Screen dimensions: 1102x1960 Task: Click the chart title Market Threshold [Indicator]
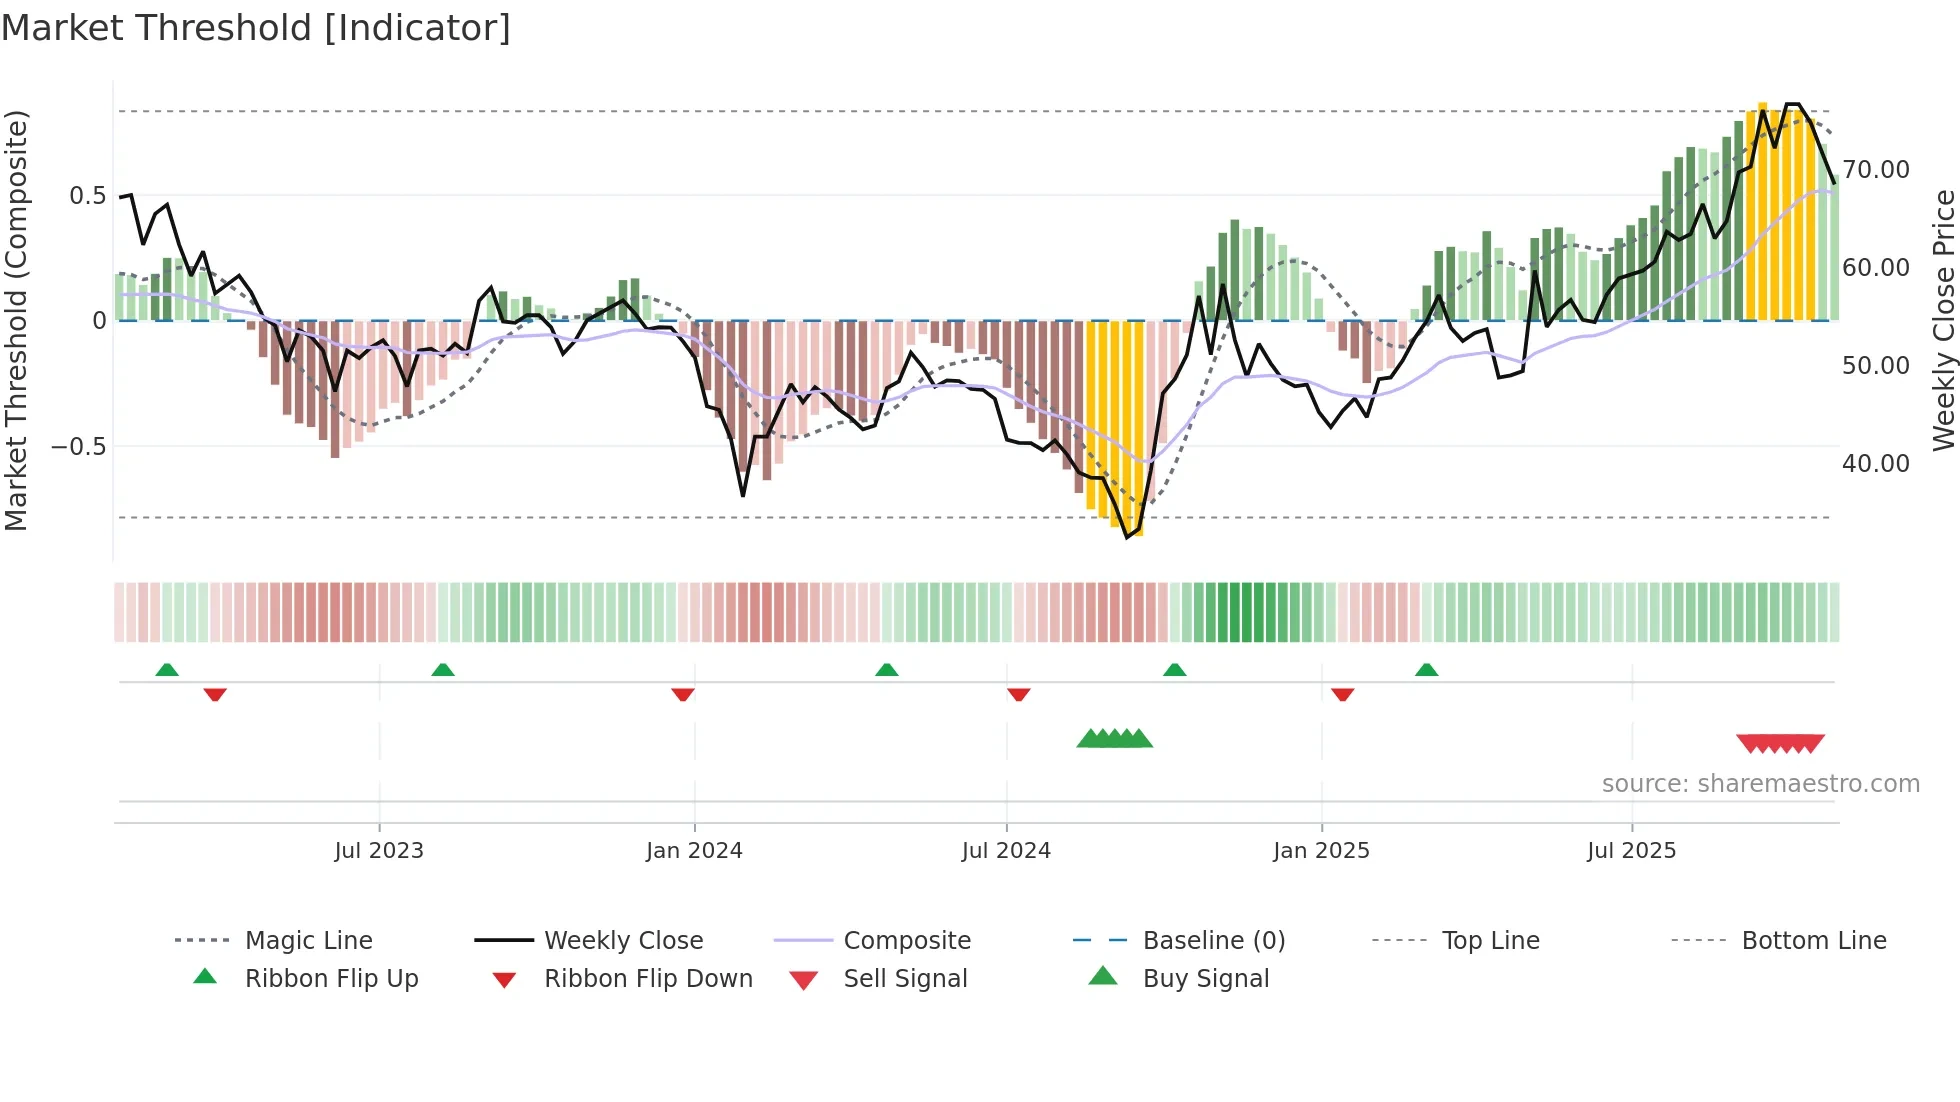point(256,28)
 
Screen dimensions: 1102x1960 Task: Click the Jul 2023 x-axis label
point(379,851)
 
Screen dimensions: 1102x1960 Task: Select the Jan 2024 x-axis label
point(694,851)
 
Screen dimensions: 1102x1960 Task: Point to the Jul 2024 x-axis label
point(1006,851)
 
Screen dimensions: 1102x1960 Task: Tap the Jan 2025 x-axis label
point(1321,851)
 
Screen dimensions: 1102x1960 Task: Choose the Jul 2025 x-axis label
point(1631,851)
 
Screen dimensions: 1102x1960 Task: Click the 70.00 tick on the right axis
point(1876,170)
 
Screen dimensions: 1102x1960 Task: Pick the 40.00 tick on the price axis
point(1876,464)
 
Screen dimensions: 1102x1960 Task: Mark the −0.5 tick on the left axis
point(79,447)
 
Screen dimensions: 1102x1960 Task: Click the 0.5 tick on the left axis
point(88,196)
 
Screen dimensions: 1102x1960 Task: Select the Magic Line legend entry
point(308,941)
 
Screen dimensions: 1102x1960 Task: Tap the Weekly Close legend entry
point(623,941)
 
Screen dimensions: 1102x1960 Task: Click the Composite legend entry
point(907,941)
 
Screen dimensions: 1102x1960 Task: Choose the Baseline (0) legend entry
point(1213,941)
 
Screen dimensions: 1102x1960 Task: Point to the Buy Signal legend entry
point(1205,979)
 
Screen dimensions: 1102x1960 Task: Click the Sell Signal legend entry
point(905,979)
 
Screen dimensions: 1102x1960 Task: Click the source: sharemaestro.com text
point(1760,784)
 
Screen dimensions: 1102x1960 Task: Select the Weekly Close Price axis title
point(1943,320)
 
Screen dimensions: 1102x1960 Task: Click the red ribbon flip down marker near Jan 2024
point(683,694)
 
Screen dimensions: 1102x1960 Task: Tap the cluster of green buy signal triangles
point(1114,739)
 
